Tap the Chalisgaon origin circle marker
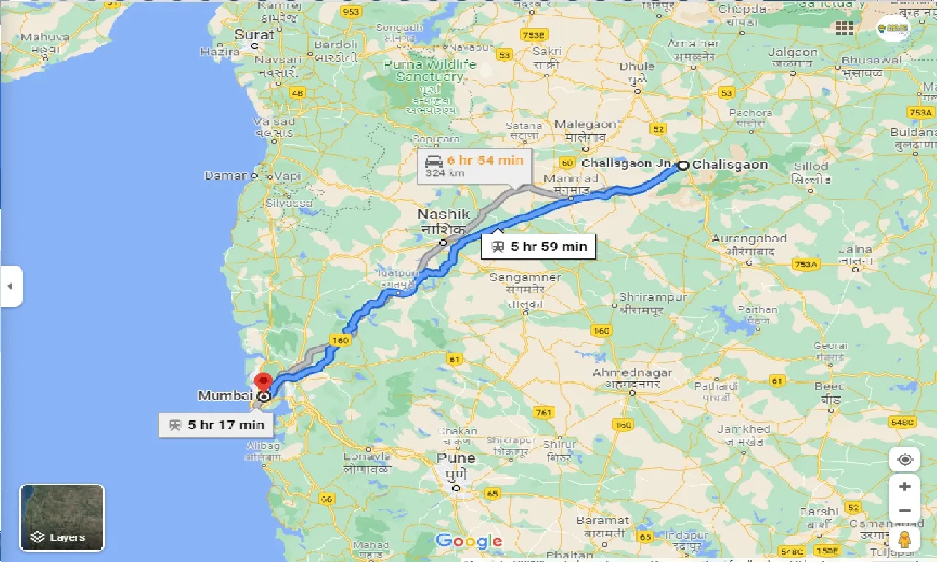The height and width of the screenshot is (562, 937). [683, 165]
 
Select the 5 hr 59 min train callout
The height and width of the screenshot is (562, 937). [539, 247]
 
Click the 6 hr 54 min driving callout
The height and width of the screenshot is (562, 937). [475, 166]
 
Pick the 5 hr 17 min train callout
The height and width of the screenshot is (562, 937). [216, 425]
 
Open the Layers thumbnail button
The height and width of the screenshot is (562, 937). [62, 517]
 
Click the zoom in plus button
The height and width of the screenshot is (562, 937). [905, 487]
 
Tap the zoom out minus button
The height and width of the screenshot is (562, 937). [905, 511]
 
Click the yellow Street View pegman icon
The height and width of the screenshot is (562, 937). [905, 540]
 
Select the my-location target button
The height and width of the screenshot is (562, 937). [905, 460]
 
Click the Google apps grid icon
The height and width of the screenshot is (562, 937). [845, 28]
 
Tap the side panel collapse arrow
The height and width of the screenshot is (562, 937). [11, 286]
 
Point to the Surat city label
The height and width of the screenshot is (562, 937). [254, 34]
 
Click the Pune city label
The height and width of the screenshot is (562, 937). [456, 458]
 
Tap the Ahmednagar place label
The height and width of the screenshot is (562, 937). [631, 373]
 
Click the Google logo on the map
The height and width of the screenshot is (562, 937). [469, 541]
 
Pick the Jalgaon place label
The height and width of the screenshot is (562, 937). [793, 53]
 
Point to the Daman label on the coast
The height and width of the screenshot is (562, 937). [226, 176]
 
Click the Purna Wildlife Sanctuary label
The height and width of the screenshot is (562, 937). [430, 70]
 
